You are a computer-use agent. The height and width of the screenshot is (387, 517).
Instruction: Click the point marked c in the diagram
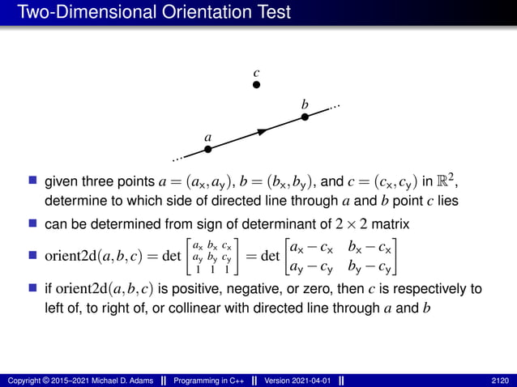coord(256,83)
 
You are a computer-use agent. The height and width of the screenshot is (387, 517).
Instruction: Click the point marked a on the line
coord(207,149)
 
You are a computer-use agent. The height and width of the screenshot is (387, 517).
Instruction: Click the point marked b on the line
coord(305,117)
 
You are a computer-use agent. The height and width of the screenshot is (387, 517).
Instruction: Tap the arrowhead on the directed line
coord(261,130)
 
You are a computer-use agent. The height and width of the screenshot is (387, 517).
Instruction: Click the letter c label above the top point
coord(256,71)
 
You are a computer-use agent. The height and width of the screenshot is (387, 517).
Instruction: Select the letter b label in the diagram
coord(305,104)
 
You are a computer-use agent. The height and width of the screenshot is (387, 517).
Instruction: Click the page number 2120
coord(501,381)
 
